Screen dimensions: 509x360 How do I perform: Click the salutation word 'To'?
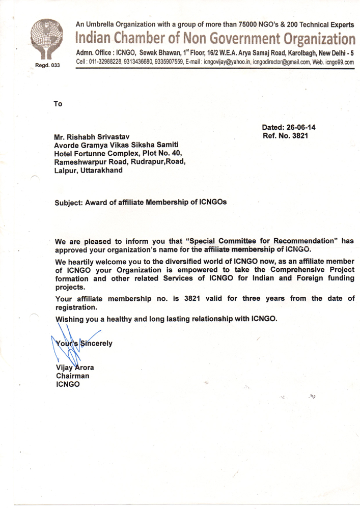(58, 104)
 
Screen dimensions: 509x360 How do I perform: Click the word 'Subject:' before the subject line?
(69, 202)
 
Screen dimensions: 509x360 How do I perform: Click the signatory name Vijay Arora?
(75, 367)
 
